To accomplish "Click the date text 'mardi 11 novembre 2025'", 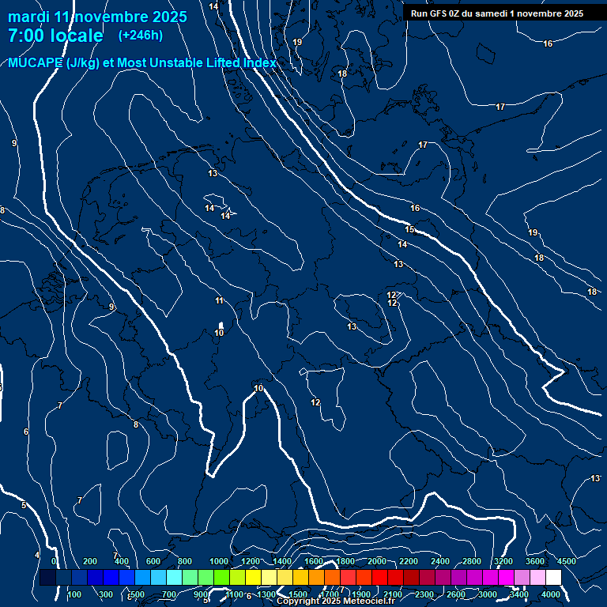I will point(97,17).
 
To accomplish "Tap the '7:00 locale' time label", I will point(55,36).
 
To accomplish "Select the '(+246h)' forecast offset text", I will point(140,35).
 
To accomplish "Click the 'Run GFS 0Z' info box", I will point(496,13).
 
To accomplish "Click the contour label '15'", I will point(409,229).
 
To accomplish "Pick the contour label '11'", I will point(219,300).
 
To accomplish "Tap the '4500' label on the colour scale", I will point(566,561).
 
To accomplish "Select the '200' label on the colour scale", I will point(90,561).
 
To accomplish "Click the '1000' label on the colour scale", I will point(219,561).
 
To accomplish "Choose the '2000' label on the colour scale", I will point(377,561).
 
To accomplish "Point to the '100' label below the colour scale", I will point(75,594).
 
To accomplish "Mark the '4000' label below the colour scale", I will point(551,594).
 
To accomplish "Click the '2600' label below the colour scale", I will point(456,594).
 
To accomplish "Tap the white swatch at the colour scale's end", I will point(553,578).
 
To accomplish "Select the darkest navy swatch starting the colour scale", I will point(47,578).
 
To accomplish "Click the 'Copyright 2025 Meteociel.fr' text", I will point(335,601).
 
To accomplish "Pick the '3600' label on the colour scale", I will point(535,561).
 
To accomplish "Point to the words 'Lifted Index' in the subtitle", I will point(238,63).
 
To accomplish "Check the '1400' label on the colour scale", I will point(282,561).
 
